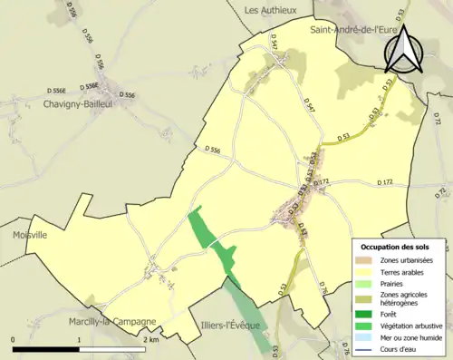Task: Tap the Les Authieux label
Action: [272, 10]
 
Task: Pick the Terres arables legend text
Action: [405, 273]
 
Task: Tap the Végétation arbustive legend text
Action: [416, 326]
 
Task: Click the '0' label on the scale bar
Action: [14, 339]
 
